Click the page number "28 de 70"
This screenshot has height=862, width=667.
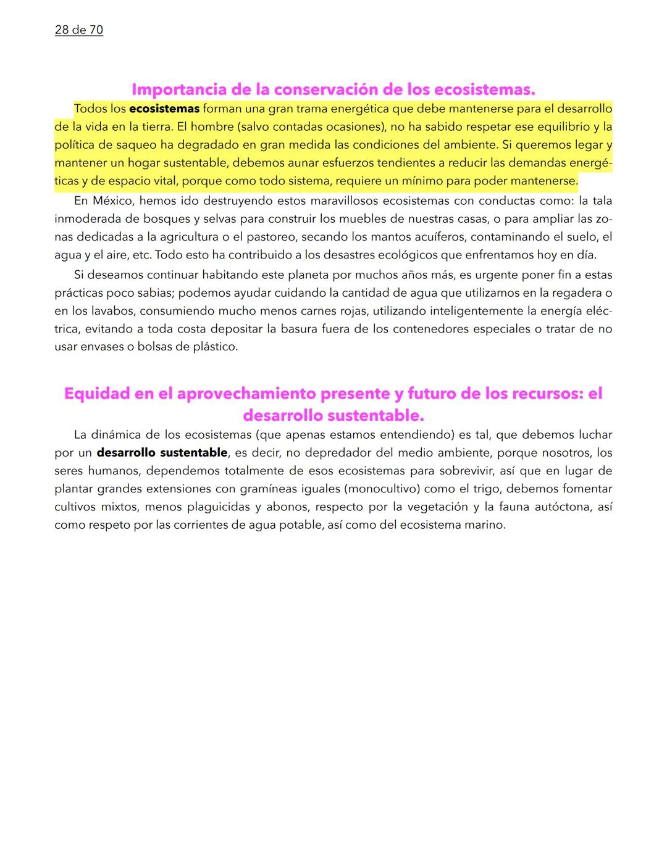pos(78,30)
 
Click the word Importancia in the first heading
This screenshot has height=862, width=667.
pos(178,89)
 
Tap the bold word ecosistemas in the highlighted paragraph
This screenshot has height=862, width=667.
pos(164,109)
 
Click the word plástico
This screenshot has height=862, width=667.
pos(214,346)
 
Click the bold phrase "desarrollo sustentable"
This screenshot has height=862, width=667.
pos(162,452)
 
